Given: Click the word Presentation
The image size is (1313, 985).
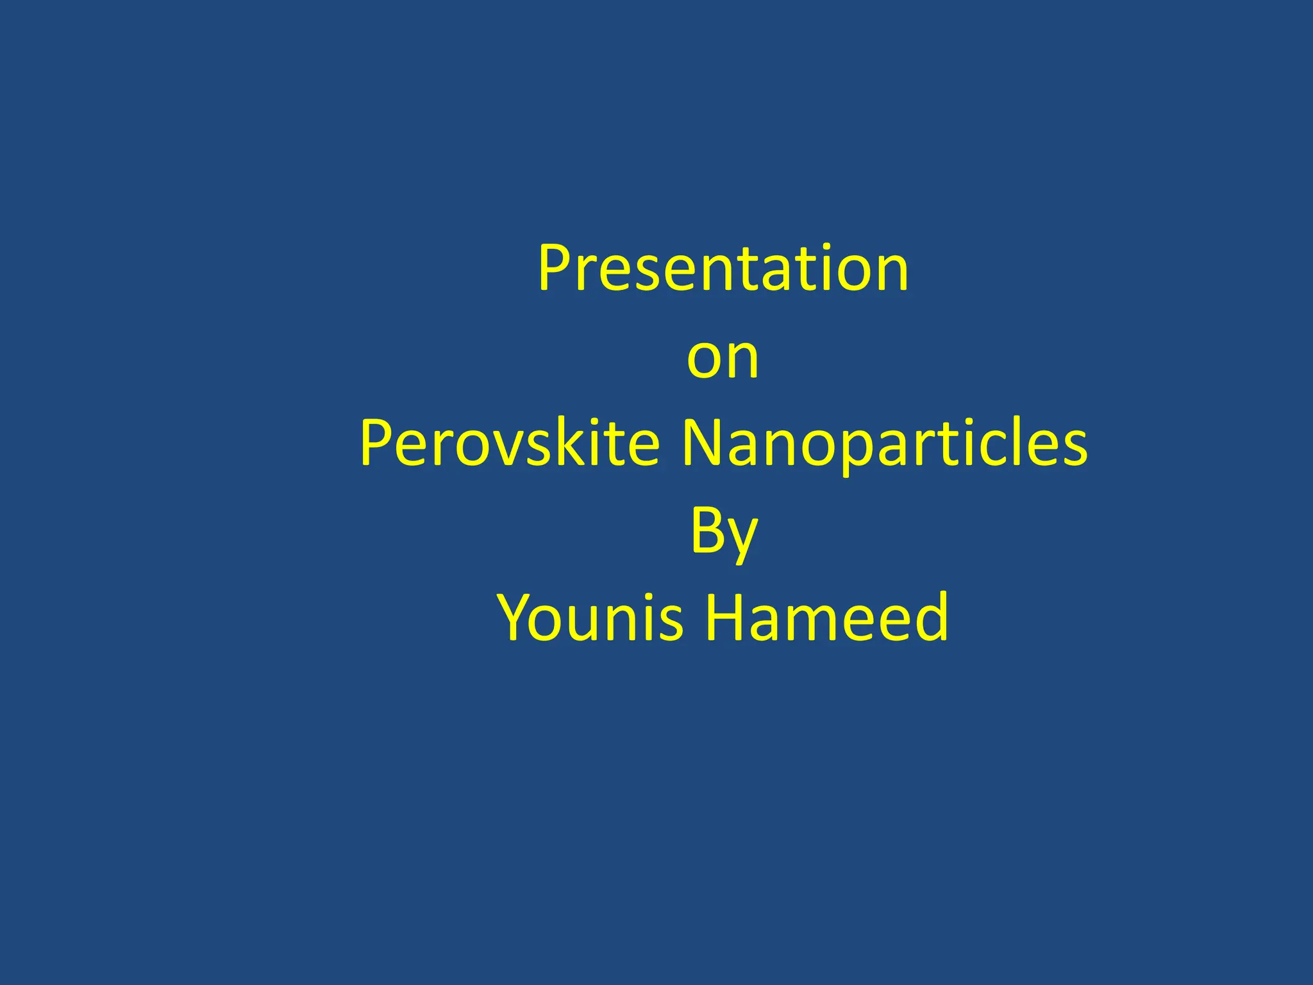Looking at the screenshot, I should click(x=723, y=269).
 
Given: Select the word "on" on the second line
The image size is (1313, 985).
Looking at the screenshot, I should click(x=723, y=358).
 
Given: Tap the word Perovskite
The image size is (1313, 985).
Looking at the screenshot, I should click(x=510, y=443).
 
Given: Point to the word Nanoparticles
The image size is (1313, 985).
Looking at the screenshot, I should click(x=884, y=443).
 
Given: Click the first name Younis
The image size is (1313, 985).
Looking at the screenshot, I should click(x=590, y=618).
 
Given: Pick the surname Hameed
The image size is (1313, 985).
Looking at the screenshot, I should click(x=826, y=618).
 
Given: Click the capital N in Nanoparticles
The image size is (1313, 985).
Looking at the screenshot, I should click(x=700, y=443).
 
